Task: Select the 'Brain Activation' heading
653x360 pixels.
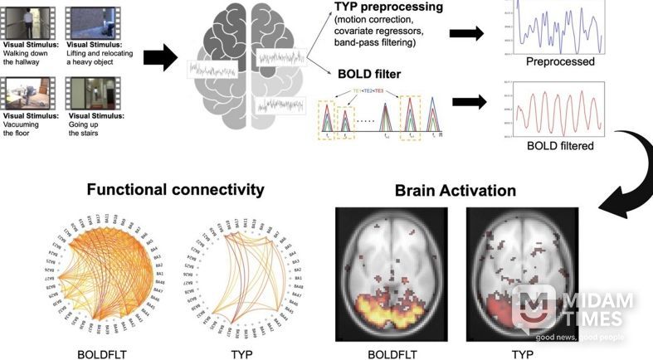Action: [455, 191]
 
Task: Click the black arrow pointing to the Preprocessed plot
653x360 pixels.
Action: [467, 33]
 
